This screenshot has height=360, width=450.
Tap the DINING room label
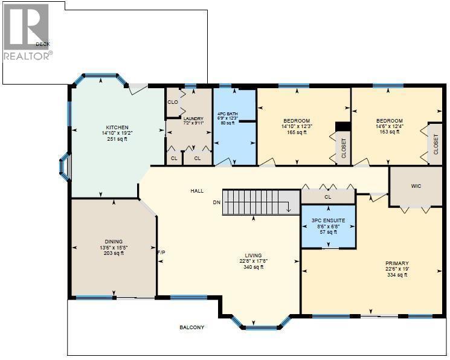click(x=113, y=241)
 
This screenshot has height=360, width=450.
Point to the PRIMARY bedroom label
click(x=397, y=263)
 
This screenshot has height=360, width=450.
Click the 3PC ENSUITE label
click(x=328, y=220)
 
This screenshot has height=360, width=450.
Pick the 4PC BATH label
click(x=227, y=112)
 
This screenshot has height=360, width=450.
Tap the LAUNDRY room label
click(x=194, y=118)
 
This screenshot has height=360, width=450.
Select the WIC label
click(x=416, y=186)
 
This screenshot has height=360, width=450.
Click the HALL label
click(x=197, y=191)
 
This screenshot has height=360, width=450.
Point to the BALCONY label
click(x=191, y=327)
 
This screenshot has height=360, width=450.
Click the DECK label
click(x=42, y=44)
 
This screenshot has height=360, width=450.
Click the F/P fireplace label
click(x=161, y=252)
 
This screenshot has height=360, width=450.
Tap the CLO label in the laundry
click(x=173, y=102)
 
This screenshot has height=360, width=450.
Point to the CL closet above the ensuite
click(x=328, y=196)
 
